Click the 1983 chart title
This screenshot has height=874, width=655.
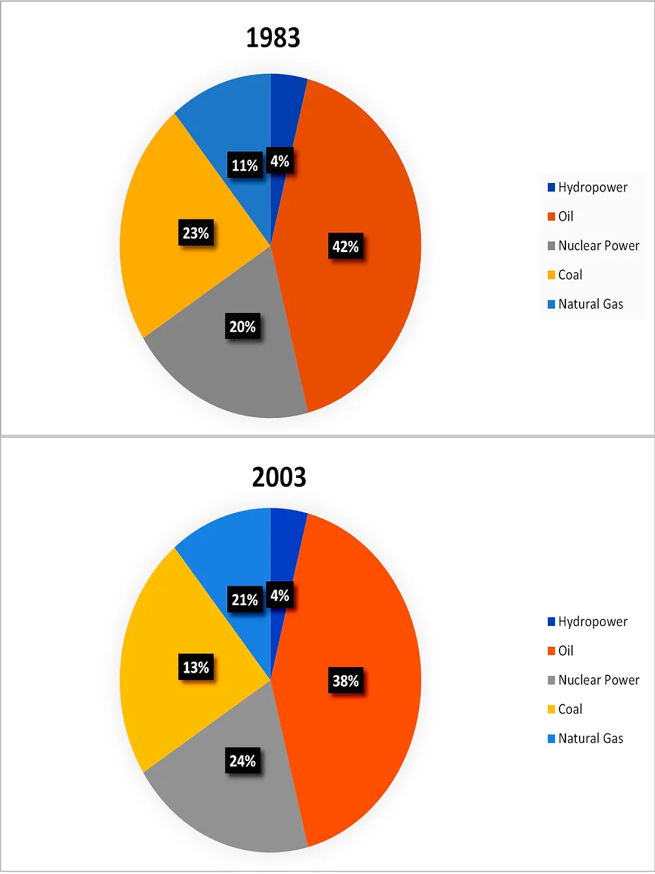point(273,38)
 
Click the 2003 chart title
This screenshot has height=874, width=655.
point(278,477)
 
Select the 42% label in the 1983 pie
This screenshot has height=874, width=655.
point(345,247)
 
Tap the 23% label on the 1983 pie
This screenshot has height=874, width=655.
point(195,233)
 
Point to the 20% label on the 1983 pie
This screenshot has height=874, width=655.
point(242,327)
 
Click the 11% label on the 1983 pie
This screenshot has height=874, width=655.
point(245,166)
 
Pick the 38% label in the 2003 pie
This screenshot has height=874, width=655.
point(345,681)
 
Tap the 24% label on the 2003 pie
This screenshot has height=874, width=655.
point(242,761)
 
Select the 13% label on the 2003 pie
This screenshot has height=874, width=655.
point(195,668)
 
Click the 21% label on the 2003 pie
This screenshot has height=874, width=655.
point(245,600)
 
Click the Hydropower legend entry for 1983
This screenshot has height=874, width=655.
point(592,188)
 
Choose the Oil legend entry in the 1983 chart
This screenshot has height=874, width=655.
point(565,216)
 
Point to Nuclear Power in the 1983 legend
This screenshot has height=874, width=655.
point(598,245)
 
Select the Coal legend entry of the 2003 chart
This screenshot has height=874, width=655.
point(570,709)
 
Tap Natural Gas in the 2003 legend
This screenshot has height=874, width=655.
point(590,738)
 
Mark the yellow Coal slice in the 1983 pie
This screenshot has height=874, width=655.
point(162,273)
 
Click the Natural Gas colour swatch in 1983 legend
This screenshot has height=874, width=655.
point(551,304)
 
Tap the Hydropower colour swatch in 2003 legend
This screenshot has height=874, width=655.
point(551,622)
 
